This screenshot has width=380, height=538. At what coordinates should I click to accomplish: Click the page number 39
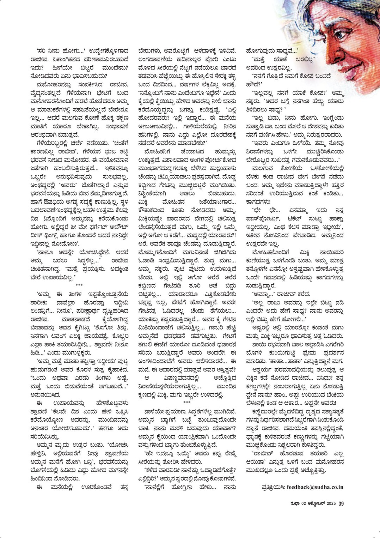pyautogui.click(x=341, y=503)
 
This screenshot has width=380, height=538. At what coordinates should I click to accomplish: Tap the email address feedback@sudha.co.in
pyautogui.click(x=315, y=487)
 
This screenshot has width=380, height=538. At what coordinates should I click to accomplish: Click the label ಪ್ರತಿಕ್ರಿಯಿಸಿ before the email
pyautogui.click(x=273, y=487)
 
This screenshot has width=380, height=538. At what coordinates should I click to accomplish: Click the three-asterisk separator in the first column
pyautogui.click(x=79, y=285)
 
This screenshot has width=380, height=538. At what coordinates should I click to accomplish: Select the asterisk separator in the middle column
pyautogui.click(x=187, y=403)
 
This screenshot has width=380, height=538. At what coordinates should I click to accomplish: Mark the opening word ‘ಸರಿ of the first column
pyautogui.click(x=42, y=51)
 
